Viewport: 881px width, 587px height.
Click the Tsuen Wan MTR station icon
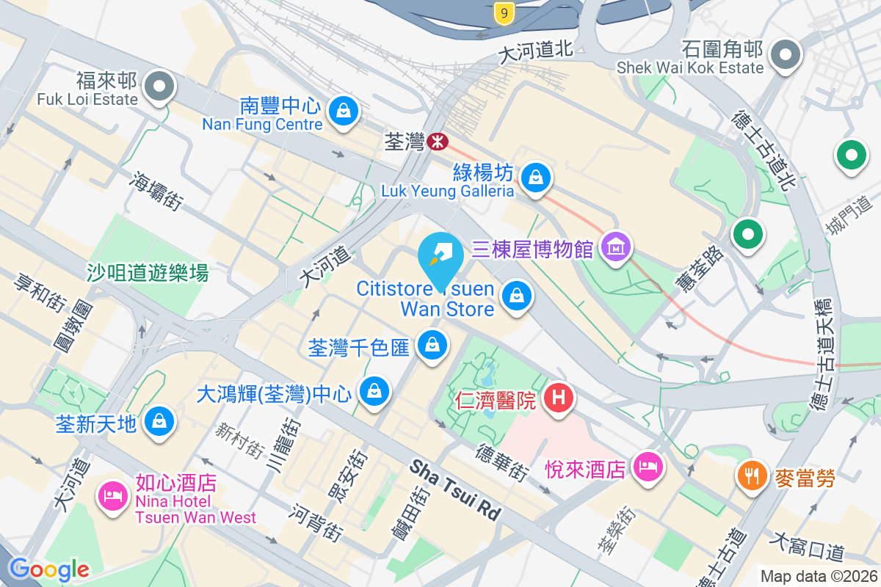(438, 140)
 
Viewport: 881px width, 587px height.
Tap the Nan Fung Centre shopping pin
(342, 111)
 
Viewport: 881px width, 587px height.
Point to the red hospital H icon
(559, 398)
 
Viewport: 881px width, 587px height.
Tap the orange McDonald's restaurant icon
(750, 475)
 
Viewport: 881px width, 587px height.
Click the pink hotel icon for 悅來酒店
(648, 466)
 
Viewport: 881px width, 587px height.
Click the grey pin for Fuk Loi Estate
(159, 87)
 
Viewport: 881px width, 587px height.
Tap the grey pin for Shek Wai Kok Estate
(786, 54)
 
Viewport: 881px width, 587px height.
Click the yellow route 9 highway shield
(503, 13)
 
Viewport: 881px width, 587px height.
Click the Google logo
(48, 569)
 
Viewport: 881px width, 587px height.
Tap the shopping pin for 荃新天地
(159, 421)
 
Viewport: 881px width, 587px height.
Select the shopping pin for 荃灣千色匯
(432, 344)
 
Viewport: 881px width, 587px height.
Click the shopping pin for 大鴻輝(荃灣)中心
(375, 390)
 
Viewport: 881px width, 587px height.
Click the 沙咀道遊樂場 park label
(148, 273)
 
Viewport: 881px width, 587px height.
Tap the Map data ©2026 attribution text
(818, 576)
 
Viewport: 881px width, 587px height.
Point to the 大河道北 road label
(534, 52)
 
